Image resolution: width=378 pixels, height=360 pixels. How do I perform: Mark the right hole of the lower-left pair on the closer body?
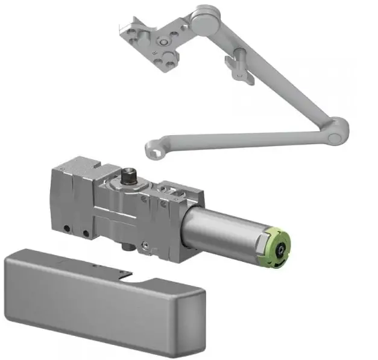coord(86,233)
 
